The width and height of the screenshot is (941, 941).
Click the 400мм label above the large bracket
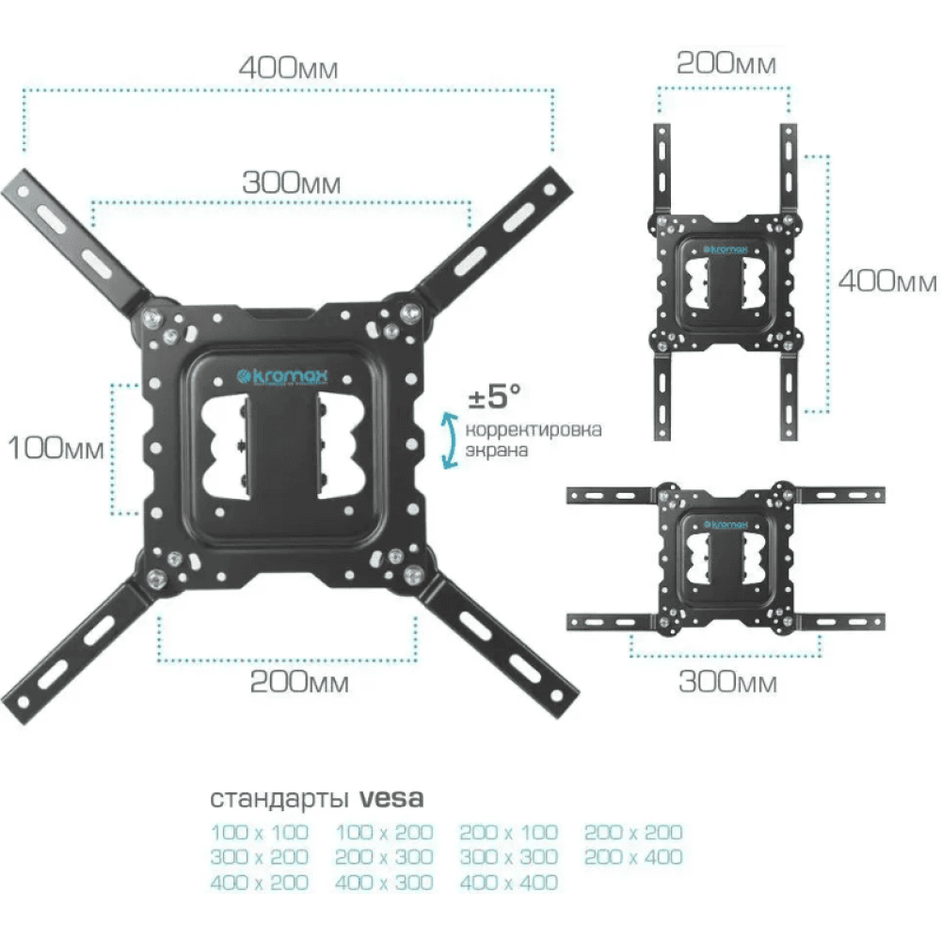coord(288,68)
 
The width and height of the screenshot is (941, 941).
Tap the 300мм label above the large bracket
coord(291,183)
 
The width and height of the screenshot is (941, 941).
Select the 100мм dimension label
coord(56,448)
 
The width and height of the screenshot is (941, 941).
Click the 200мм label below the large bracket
coord(299,681)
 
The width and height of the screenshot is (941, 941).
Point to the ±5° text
coord(494,396)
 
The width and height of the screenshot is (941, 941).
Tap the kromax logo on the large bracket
coord(282,377)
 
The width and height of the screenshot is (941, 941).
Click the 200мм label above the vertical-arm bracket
coord(726,64)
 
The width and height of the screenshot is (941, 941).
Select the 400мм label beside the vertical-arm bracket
coord(887,280)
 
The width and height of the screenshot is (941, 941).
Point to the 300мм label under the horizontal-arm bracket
coord(727,681)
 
